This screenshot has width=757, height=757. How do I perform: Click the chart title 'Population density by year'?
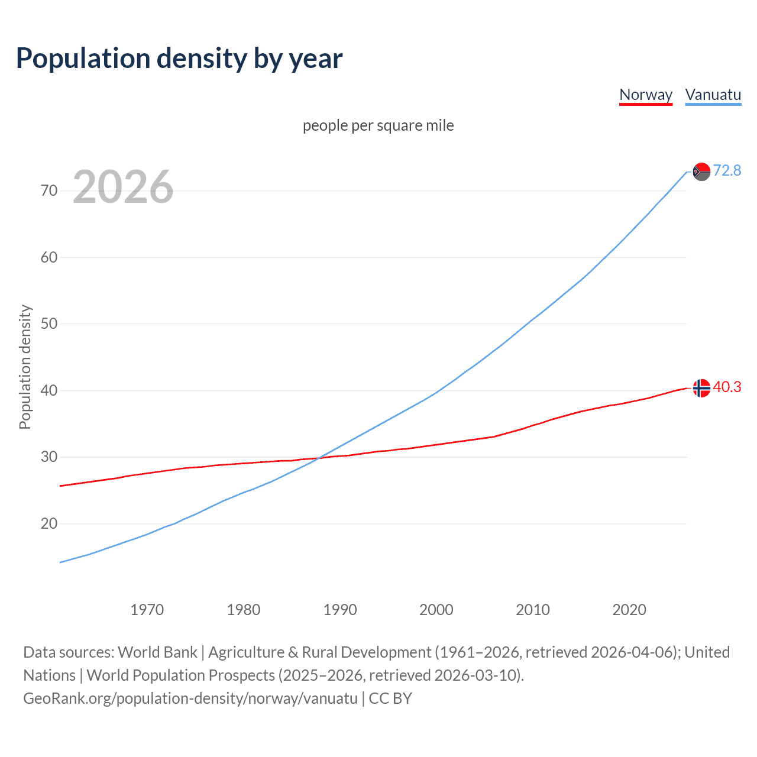[x=179, y=59]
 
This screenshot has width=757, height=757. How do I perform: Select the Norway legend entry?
[x=646, y=95]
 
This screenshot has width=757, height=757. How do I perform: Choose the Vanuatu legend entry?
[x=713, y=95]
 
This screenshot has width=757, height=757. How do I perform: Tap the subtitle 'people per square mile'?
[x=378, y=125]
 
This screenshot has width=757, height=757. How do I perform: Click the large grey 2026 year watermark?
[x=123, y=187]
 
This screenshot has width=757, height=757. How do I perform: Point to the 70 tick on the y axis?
[x=49, y=190]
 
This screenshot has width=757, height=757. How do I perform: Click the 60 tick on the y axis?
[x=49, y=257]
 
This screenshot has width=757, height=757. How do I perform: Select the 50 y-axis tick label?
[x=49, y=323]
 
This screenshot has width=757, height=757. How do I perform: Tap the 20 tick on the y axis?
[x=49, y=523]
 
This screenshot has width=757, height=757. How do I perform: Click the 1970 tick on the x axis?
[x=147, y=610]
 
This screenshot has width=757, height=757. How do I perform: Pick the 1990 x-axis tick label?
[x=339, y=610]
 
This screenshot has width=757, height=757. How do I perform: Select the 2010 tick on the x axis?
[x=532, y=610]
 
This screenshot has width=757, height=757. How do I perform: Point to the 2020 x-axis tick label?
[x=629, y=610]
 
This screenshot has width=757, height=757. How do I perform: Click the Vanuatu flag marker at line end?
[x=701, y=172]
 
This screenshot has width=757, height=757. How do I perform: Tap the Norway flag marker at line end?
[x=701, y=388]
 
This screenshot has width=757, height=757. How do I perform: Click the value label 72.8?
[x=727, y=171]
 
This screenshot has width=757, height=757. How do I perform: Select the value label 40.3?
[x=727, y=387]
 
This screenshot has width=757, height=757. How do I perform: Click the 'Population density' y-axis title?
[x=25, y=367]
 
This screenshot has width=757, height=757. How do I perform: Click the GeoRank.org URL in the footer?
[x=190, y=698]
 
